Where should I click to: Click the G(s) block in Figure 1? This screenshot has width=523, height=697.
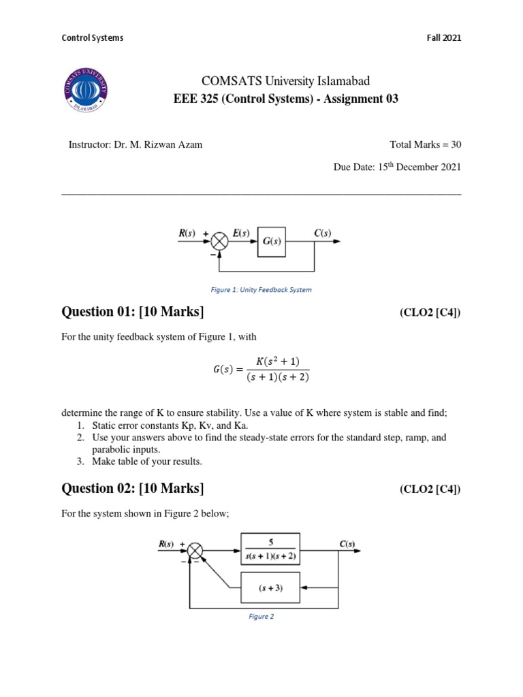point(272,242)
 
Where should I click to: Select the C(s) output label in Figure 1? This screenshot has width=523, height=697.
point(323,233)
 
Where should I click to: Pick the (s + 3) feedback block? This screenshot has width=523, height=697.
point(270,587)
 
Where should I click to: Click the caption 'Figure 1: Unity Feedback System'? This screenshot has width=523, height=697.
point(261,290)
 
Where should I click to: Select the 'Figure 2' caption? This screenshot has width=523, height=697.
point(261,617)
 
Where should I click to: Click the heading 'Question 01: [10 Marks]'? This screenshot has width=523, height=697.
point(133,312)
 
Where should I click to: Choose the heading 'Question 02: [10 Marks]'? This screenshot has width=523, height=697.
point(133,488)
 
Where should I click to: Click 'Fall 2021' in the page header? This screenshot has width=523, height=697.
point(443,38)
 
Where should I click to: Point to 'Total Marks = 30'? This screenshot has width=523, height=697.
point(425,144)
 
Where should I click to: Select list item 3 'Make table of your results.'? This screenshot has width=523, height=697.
point(147,461)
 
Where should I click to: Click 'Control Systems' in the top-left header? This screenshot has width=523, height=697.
point(93,38)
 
